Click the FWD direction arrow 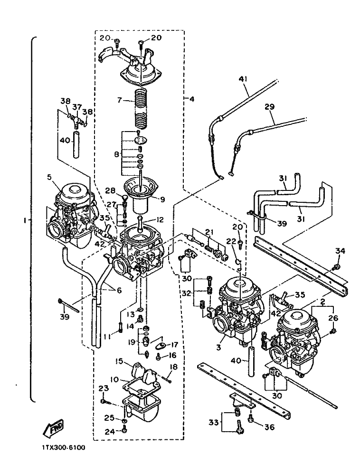click(53, 428)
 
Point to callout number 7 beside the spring click(120, 100)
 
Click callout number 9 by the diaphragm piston click(162, 199)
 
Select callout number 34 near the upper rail click(341, 251)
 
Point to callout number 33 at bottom click(214, 423)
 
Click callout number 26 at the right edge click(333, 318)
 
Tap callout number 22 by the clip click(231, 242)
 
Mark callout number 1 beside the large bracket click(24, 221)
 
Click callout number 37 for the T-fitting click(77, 107)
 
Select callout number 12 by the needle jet click(160, 220)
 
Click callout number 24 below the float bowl click(110, 432)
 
